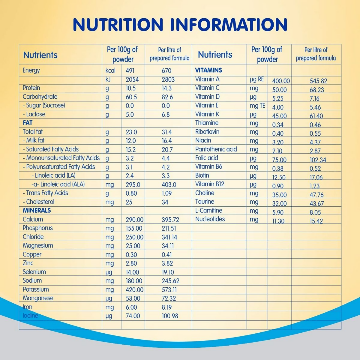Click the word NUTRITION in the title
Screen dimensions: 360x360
pyautogui.click(x=118, y=25)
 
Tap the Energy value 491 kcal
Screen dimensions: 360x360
pyautogui.click(x=130, y=71)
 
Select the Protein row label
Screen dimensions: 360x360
pyautogui.click(x=31, y=88)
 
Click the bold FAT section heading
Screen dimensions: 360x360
pyautogui.click(x=28, y=123)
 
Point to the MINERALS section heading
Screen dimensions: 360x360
pyautogui.click(x=37, y=211)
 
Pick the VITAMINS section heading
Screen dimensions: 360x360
pyautogui.click(x=208, y=70)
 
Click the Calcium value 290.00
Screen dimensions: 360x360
pyautogui.click(x=134, y=220)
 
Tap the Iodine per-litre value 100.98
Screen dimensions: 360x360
pyautogui.click(x=170, y=316)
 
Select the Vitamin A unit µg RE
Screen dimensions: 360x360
pyautogui.click(x=257, y=79)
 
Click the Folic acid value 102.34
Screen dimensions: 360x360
pyautogui.click(x=318, y=160)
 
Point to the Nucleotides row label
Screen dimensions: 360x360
pyautogui.click(x=210, y=219)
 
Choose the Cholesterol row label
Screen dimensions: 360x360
pyautogui.click(x=39, y=202)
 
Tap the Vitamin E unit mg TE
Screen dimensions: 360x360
pyautogui.click(x=257, y=106)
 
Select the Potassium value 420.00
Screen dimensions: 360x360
pyautogui.click(x=134, y=290)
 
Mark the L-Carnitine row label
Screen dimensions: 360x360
pyautogui.click(x=209, y=211)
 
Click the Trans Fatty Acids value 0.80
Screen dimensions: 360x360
pyautogui.click(x=131, y=193)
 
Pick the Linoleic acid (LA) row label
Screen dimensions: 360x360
pyautogui.click(x=53, y=175)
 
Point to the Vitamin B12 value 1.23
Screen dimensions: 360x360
pyautogui.click(x=314, y=186)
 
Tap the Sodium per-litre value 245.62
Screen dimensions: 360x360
pyautogui.click(x=170, y=281)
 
